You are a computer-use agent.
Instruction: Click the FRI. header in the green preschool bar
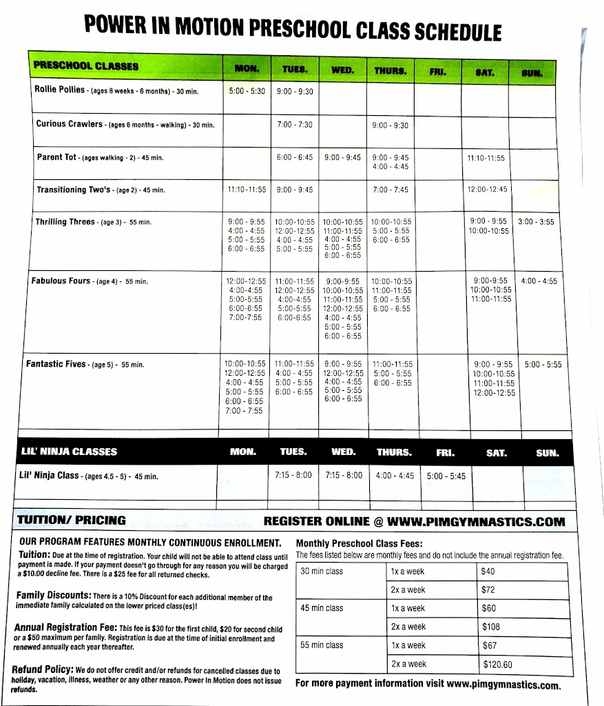[438, 70]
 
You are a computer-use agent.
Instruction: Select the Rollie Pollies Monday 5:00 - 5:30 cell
[247, 91]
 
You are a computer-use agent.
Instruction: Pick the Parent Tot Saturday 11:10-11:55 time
[486, 158]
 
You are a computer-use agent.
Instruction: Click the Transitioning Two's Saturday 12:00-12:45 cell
[487, 190]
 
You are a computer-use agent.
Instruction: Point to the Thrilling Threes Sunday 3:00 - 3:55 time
[537, 222]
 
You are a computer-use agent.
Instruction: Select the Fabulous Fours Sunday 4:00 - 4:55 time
[539, 281]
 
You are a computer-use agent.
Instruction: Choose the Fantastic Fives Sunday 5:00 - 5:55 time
[543, 365]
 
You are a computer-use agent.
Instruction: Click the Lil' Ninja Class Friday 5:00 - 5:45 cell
[446, 476]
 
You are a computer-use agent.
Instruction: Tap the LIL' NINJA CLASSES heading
[70, 452]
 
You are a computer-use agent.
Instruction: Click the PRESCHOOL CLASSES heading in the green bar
[86, 66]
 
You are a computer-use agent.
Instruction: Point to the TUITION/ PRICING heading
[72, 521]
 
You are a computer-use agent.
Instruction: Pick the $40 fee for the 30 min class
[488, 572]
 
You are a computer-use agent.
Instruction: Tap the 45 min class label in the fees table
[322, 608]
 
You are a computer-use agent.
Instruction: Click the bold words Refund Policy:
[42, 669]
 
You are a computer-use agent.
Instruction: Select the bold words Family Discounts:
[52, 594]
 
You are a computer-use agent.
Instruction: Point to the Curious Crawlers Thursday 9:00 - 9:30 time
[390, 125]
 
